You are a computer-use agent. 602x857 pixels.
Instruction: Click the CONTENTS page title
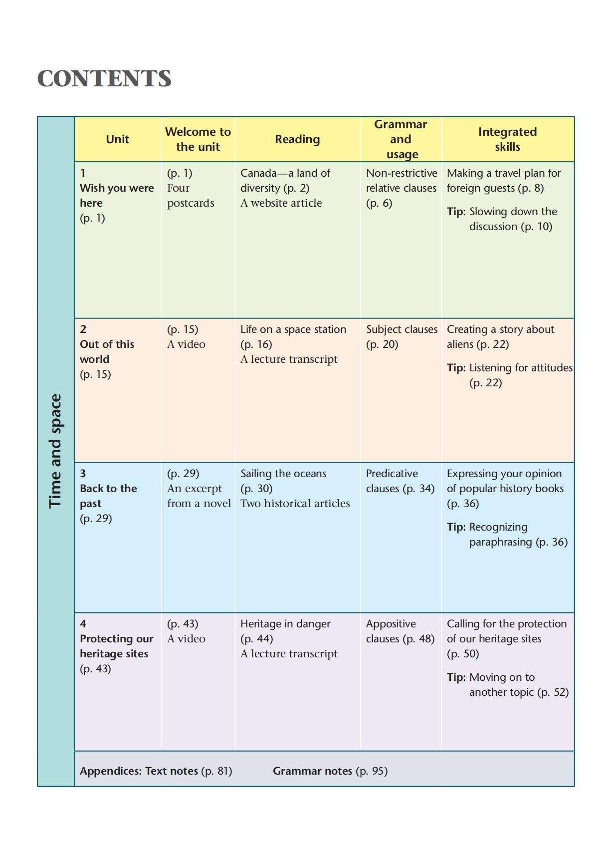point(104,79)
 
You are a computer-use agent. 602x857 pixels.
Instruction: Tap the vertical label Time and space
point(55,451)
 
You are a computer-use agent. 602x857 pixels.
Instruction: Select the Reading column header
point(297,139)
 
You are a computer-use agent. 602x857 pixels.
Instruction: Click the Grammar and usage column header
point(401,139)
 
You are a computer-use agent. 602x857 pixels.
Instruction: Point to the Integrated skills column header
point(507,139)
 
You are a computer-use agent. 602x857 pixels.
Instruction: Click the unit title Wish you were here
point(116,195)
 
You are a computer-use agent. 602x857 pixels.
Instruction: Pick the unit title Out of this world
point(107,351)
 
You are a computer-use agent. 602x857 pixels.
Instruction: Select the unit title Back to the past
point(108,496)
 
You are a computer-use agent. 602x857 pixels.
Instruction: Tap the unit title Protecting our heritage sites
point(116,646)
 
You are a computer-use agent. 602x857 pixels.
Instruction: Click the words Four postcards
point(190,195)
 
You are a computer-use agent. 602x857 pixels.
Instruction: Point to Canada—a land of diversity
point(285,180)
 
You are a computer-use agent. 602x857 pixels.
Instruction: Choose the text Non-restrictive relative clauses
point(401,180)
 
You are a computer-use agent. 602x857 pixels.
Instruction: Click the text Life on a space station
point(293,329)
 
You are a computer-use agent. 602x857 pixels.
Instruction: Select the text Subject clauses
point(401,329)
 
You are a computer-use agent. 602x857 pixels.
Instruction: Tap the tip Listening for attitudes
point(520,368)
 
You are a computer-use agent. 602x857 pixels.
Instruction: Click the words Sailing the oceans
point(283,474)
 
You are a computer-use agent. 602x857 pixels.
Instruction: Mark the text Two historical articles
point(295,503)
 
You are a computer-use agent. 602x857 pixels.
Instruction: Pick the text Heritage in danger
point(285,624)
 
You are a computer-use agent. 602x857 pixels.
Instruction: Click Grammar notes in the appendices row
point(312,771)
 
